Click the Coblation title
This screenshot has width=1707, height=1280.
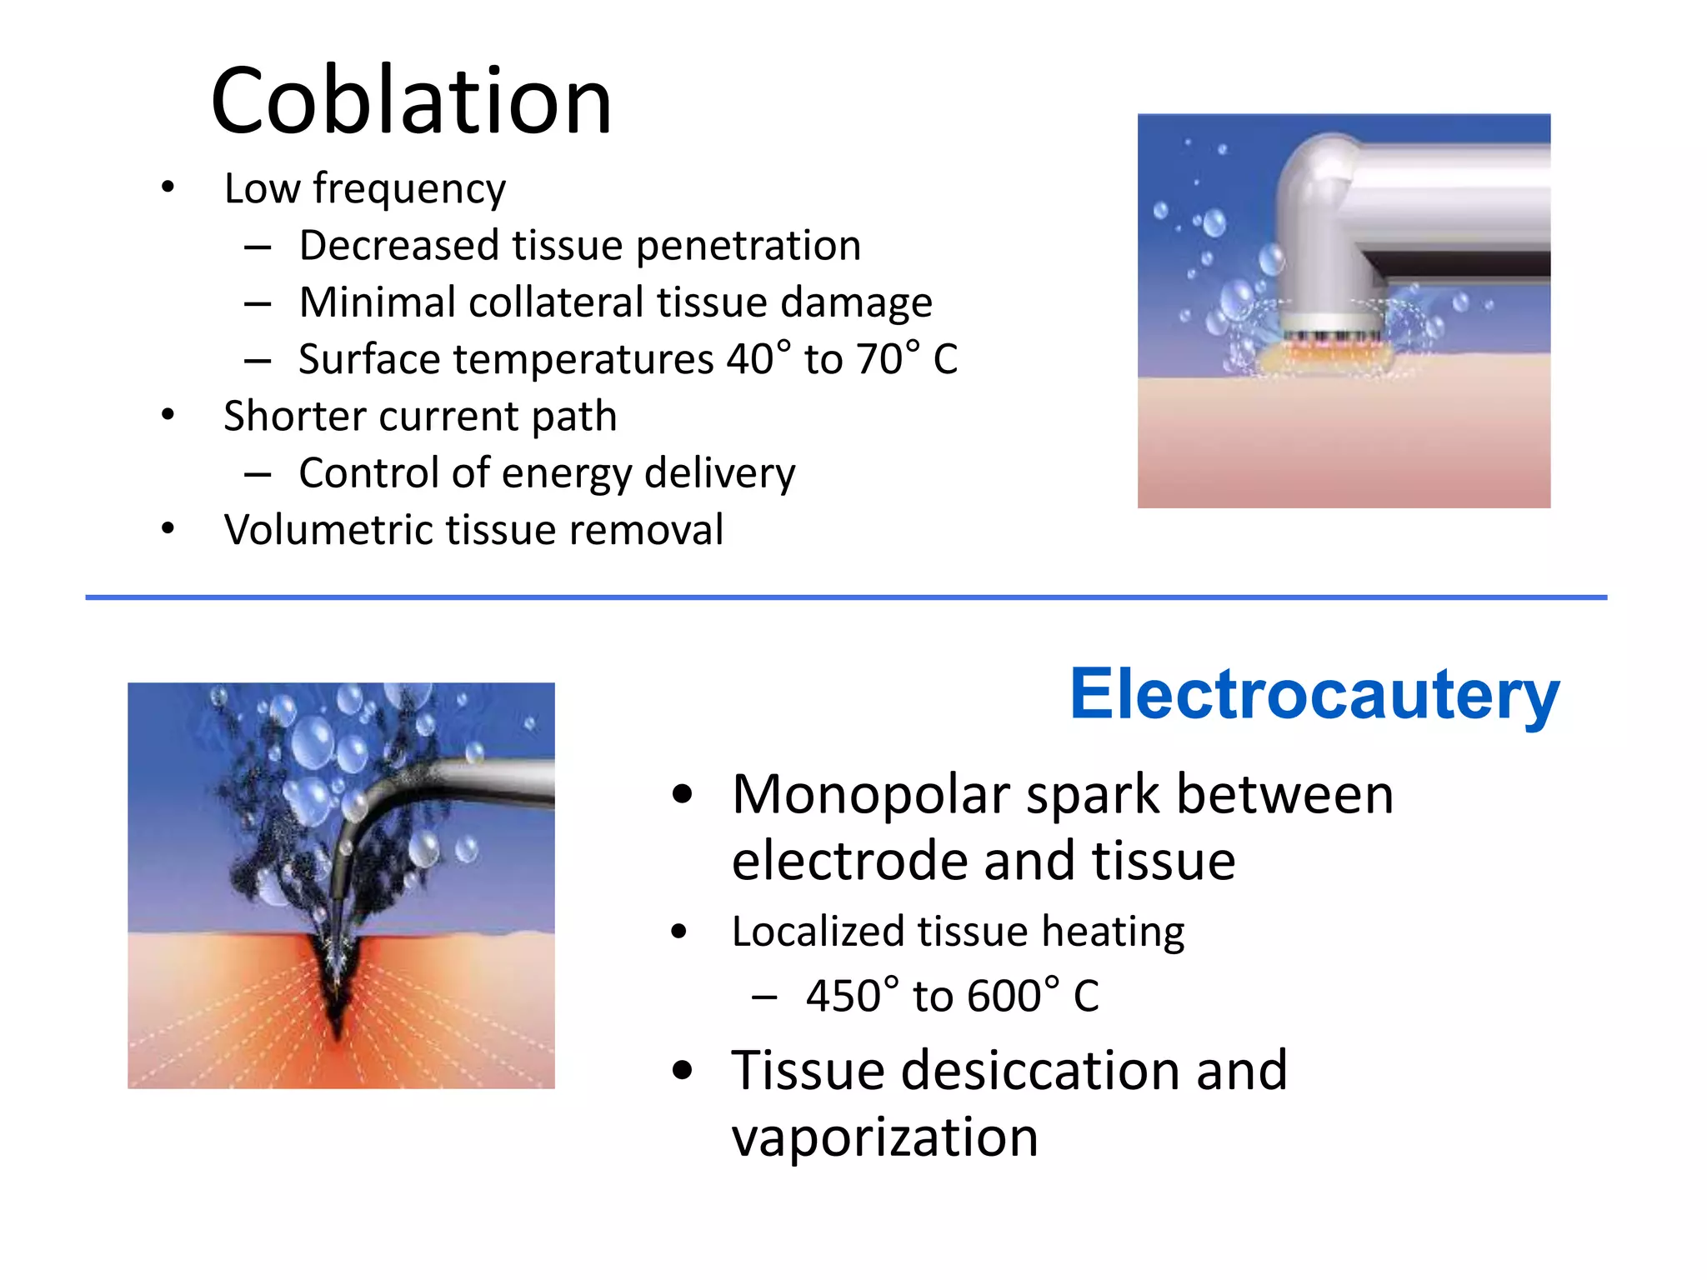pos(412,102)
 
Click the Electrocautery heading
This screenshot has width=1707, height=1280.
pos(1314,695)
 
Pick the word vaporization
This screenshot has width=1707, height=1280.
pos(884,1137)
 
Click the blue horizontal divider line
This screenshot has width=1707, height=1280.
pos(845,597)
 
